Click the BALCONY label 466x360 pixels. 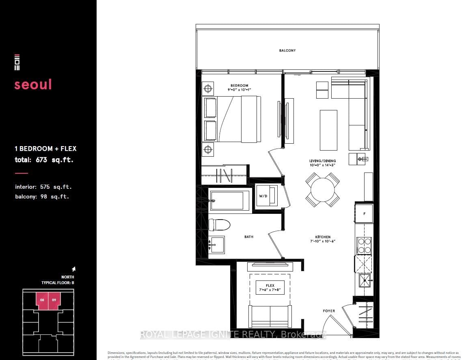[x=287, y=51]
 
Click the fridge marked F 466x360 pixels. [x=364, y=213]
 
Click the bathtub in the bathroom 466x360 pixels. [x=229, y=200]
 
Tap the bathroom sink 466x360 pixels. [x=216, y=245]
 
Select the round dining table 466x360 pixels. [x=323, y=190]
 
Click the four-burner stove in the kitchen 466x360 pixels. [x=364, y=246]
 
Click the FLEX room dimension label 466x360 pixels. [x=270, y=287]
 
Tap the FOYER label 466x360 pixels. [x=329, y=311]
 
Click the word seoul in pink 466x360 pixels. [x=33, y=84]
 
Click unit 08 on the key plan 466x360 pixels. [x=42, y=301]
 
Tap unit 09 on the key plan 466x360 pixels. [x=54, y=301]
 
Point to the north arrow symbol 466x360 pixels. [x=73, y=269]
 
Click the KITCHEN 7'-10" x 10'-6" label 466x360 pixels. [x=323, y=239]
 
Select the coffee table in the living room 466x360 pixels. [x=328, y=130]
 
